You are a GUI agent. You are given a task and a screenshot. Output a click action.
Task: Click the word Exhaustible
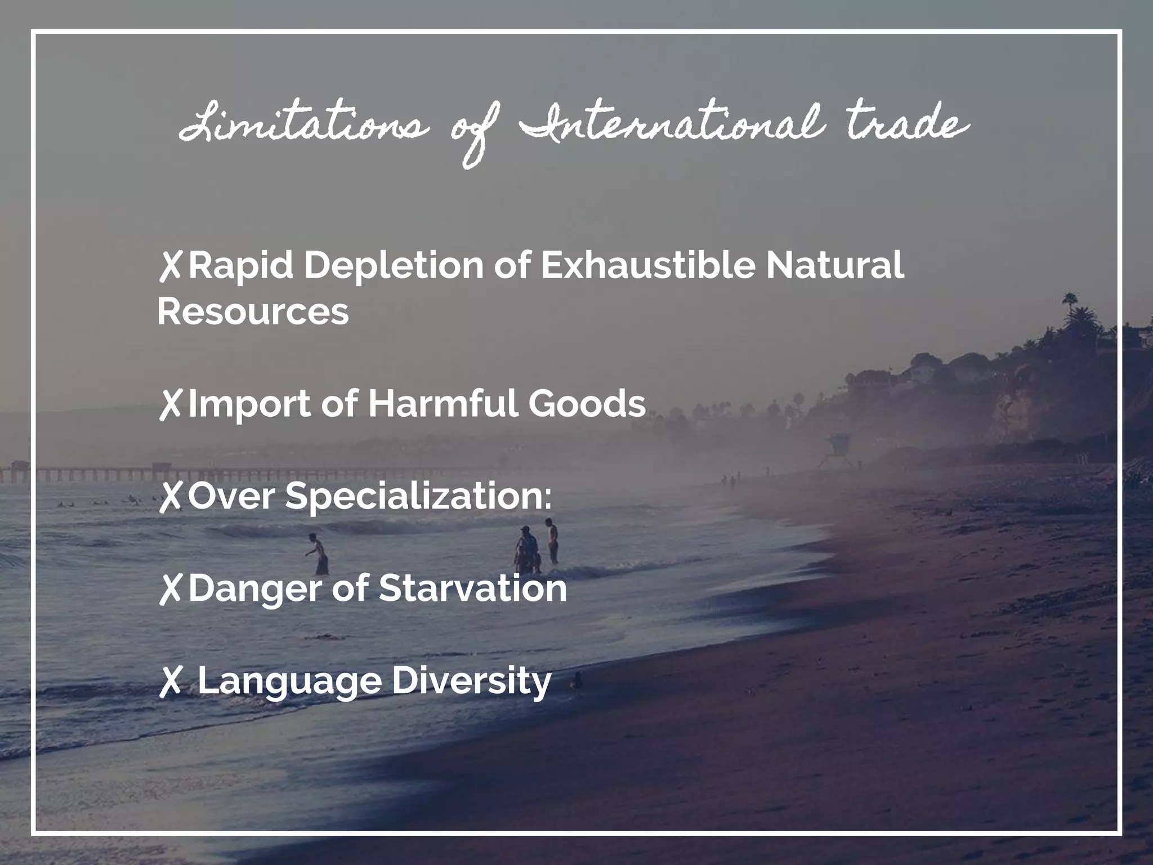click(647, 265)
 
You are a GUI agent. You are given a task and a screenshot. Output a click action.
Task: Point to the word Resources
click(253, 311)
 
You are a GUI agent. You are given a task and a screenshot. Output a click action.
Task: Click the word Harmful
click(443, 403)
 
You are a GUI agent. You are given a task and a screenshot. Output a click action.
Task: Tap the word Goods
click(587, 403)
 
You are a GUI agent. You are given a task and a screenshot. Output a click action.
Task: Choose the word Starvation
click(472, 588)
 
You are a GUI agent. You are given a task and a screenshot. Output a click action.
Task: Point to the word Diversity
click(471, 681)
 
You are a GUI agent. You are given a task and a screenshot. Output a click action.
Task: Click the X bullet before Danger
click(170, 589)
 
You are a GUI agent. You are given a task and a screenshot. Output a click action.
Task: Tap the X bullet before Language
click(170, 681)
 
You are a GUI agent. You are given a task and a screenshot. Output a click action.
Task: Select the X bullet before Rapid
click(170, 266)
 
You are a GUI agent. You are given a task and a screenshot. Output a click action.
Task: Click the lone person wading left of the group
click(319, 554)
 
